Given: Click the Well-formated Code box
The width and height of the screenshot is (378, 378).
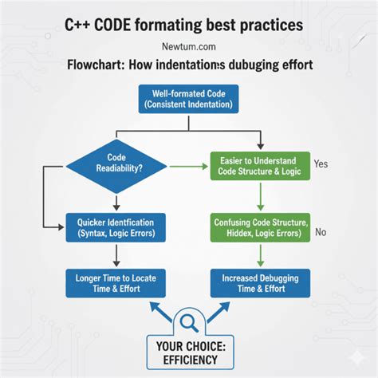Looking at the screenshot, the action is tap(188, 99).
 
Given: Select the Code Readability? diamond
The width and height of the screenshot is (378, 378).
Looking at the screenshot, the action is tap(116, 167).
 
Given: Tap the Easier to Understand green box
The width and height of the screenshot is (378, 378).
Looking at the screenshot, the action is tap(260, 166).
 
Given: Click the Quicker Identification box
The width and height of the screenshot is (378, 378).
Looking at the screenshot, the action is tap(116, 227).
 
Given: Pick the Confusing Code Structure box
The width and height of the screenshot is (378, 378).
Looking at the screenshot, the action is tap(260, 227).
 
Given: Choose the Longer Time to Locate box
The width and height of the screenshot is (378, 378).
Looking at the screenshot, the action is tap(116, 283).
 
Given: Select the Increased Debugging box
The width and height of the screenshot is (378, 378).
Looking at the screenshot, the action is tap(260, 283).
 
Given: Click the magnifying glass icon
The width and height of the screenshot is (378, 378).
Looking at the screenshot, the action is tap(189, 323).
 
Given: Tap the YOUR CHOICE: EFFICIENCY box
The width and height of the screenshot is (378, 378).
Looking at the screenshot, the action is tap(191, 352).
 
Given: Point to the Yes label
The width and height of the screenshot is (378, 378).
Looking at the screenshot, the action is tap(321, 163).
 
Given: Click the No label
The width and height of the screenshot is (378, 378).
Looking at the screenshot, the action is tap(321, 232).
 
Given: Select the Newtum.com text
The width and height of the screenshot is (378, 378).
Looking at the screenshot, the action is tap(189, 47).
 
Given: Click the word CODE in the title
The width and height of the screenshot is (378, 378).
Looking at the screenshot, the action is tap(112, 25).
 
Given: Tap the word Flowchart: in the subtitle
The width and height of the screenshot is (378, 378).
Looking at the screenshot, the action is tap(96, 65).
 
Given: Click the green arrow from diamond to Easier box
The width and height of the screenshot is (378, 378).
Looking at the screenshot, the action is tap(189, 167).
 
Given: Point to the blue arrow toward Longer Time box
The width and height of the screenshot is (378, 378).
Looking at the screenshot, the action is tap(160, 312).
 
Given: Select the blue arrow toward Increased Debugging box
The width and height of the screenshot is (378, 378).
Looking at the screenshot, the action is tap(219, 312).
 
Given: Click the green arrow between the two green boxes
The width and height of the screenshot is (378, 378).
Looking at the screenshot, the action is tap(261, 197).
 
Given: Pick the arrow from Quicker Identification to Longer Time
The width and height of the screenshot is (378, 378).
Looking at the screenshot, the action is tap(116, 256).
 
